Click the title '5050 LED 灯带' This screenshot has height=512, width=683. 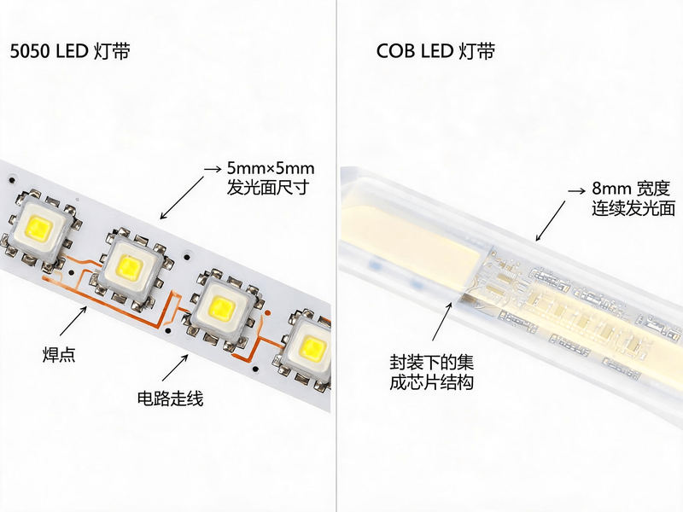(x=70, y=51)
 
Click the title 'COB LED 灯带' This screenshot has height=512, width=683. (x=435, y=51)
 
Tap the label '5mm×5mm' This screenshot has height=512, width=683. (x=271, y=168)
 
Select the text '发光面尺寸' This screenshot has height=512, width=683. (x=268, y=187)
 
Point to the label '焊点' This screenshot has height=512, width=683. (x=59, y=354)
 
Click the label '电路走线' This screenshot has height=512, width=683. (x=170, y=399)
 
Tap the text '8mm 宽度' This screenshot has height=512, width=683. (x=631, y=189)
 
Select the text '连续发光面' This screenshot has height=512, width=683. (x=633, y=208)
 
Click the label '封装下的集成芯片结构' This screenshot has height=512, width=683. (x=431, y=373)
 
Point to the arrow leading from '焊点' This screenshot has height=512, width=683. (x=73, y=321)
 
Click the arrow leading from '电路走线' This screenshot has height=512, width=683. (x=176, y=368)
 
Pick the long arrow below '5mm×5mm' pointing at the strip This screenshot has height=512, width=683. (x=182, y=197)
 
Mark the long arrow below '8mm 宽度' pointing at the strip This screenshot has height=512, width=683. (x=551, y=221)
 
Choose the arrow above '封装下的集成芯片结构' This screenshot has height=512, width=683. (x=442, y=322)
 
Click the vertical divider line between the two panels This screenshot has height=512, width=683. (x=336, y=256)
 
